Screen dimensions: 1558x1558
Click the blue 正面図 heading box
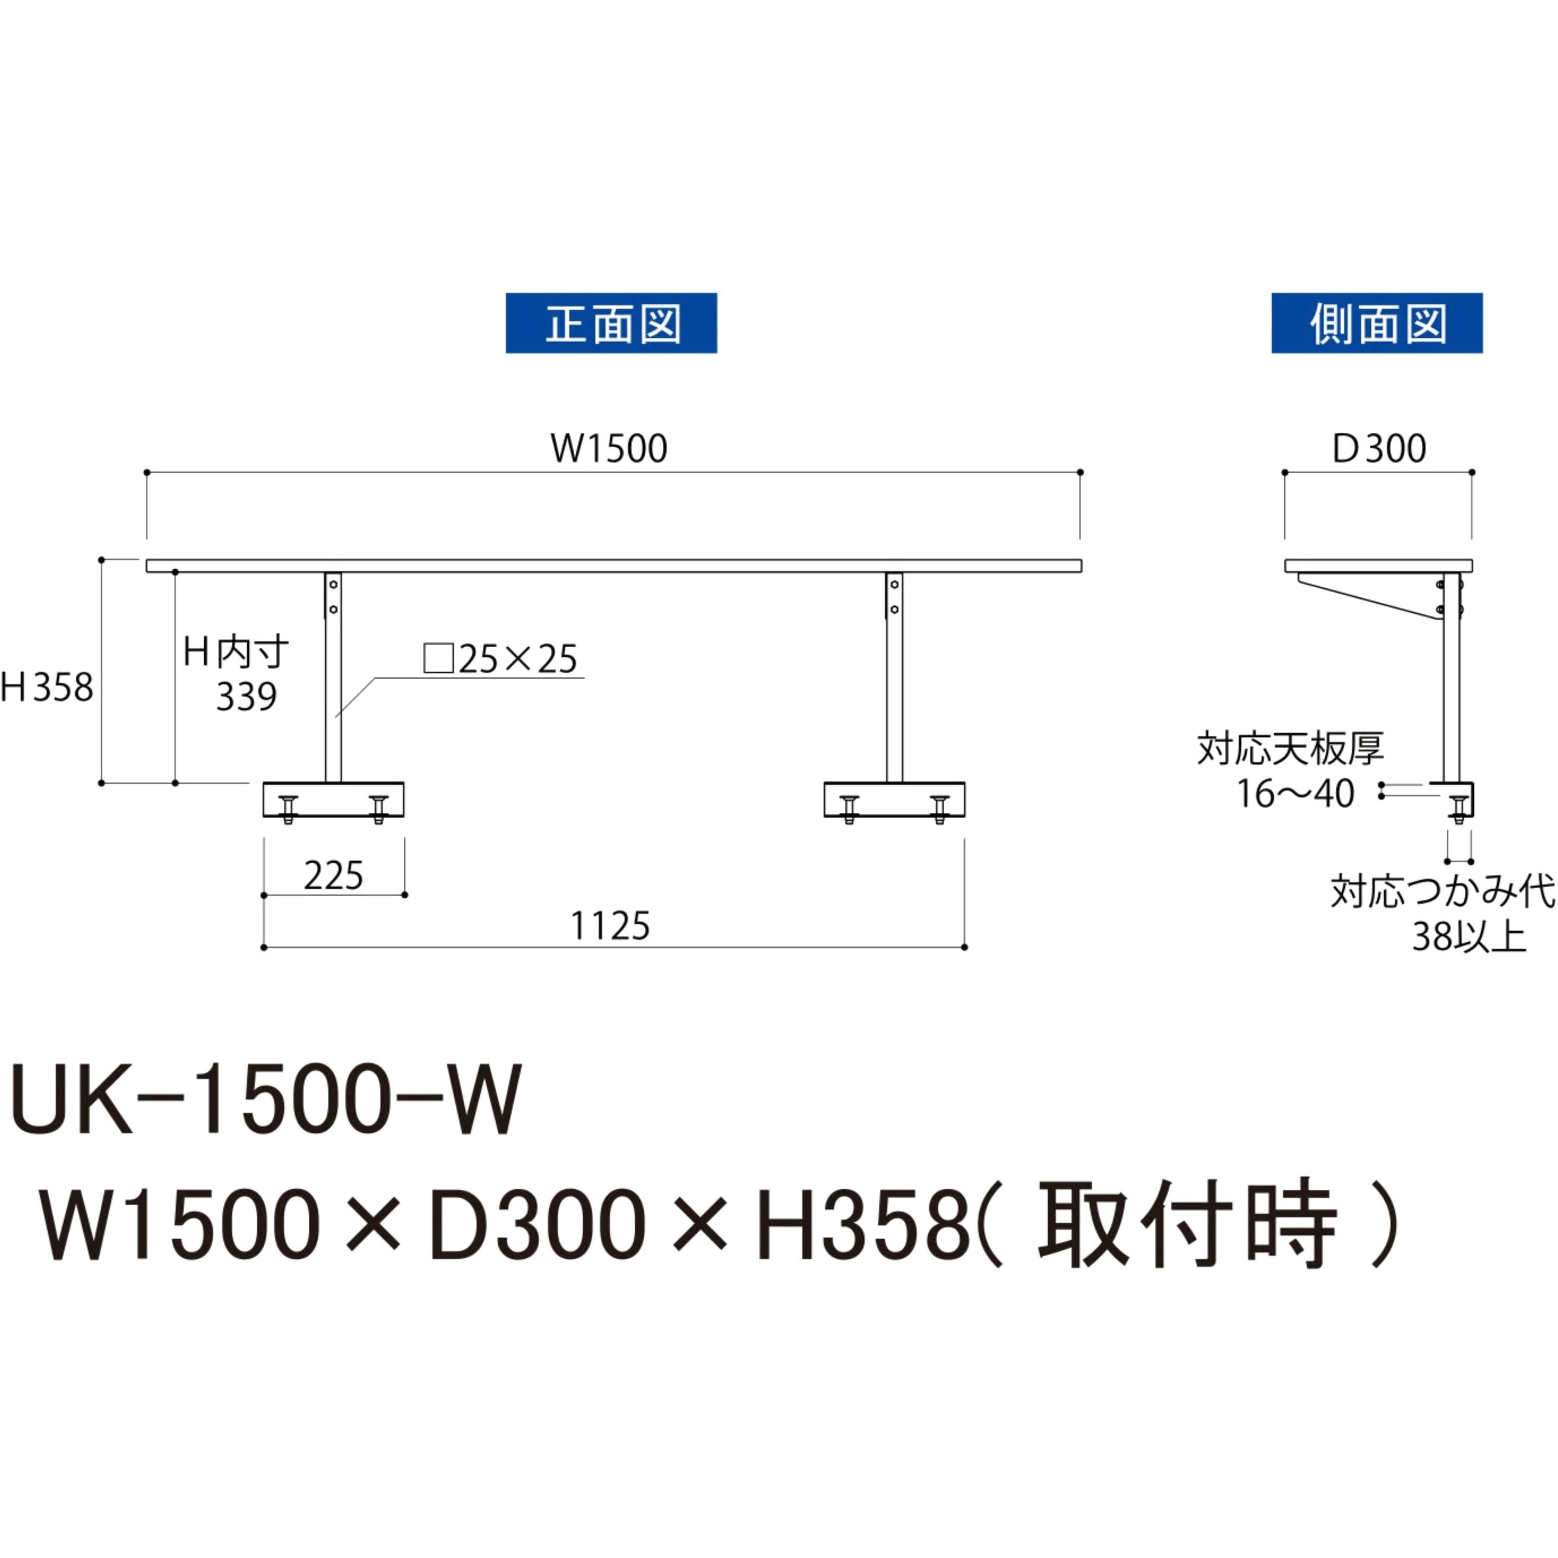click(x=610, y=322)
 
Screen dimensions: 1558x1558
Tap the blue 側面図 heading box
click(x=1376, y=322)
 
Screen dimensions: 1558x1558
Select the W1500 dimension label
click(x=609, y=448)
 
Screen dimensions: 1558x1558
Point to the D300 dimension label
click(x=1379, y=448)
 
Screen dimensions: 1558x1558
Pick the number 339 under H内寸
click(x=246, y=696)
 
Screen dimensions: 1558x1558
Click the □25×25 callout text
click(x=501, y=659)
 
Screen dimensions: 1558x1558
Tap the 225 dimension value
click(x=333, y=876)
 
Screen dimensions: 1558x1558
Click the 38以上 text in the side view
click(x=1468, y=937)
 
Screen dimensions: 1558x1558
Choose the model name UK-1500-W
click(x=266, y=1101)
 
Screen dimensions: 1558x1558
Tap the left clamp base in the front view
click(x=333, y=799)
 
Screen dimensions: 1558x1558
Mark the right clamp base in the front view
click(x=894, y=799)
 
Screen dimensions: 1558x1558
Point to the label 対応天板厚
click(x=1290, y=748)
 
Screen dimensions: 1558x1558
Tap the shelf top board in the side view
click(x=1378, y=565)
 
